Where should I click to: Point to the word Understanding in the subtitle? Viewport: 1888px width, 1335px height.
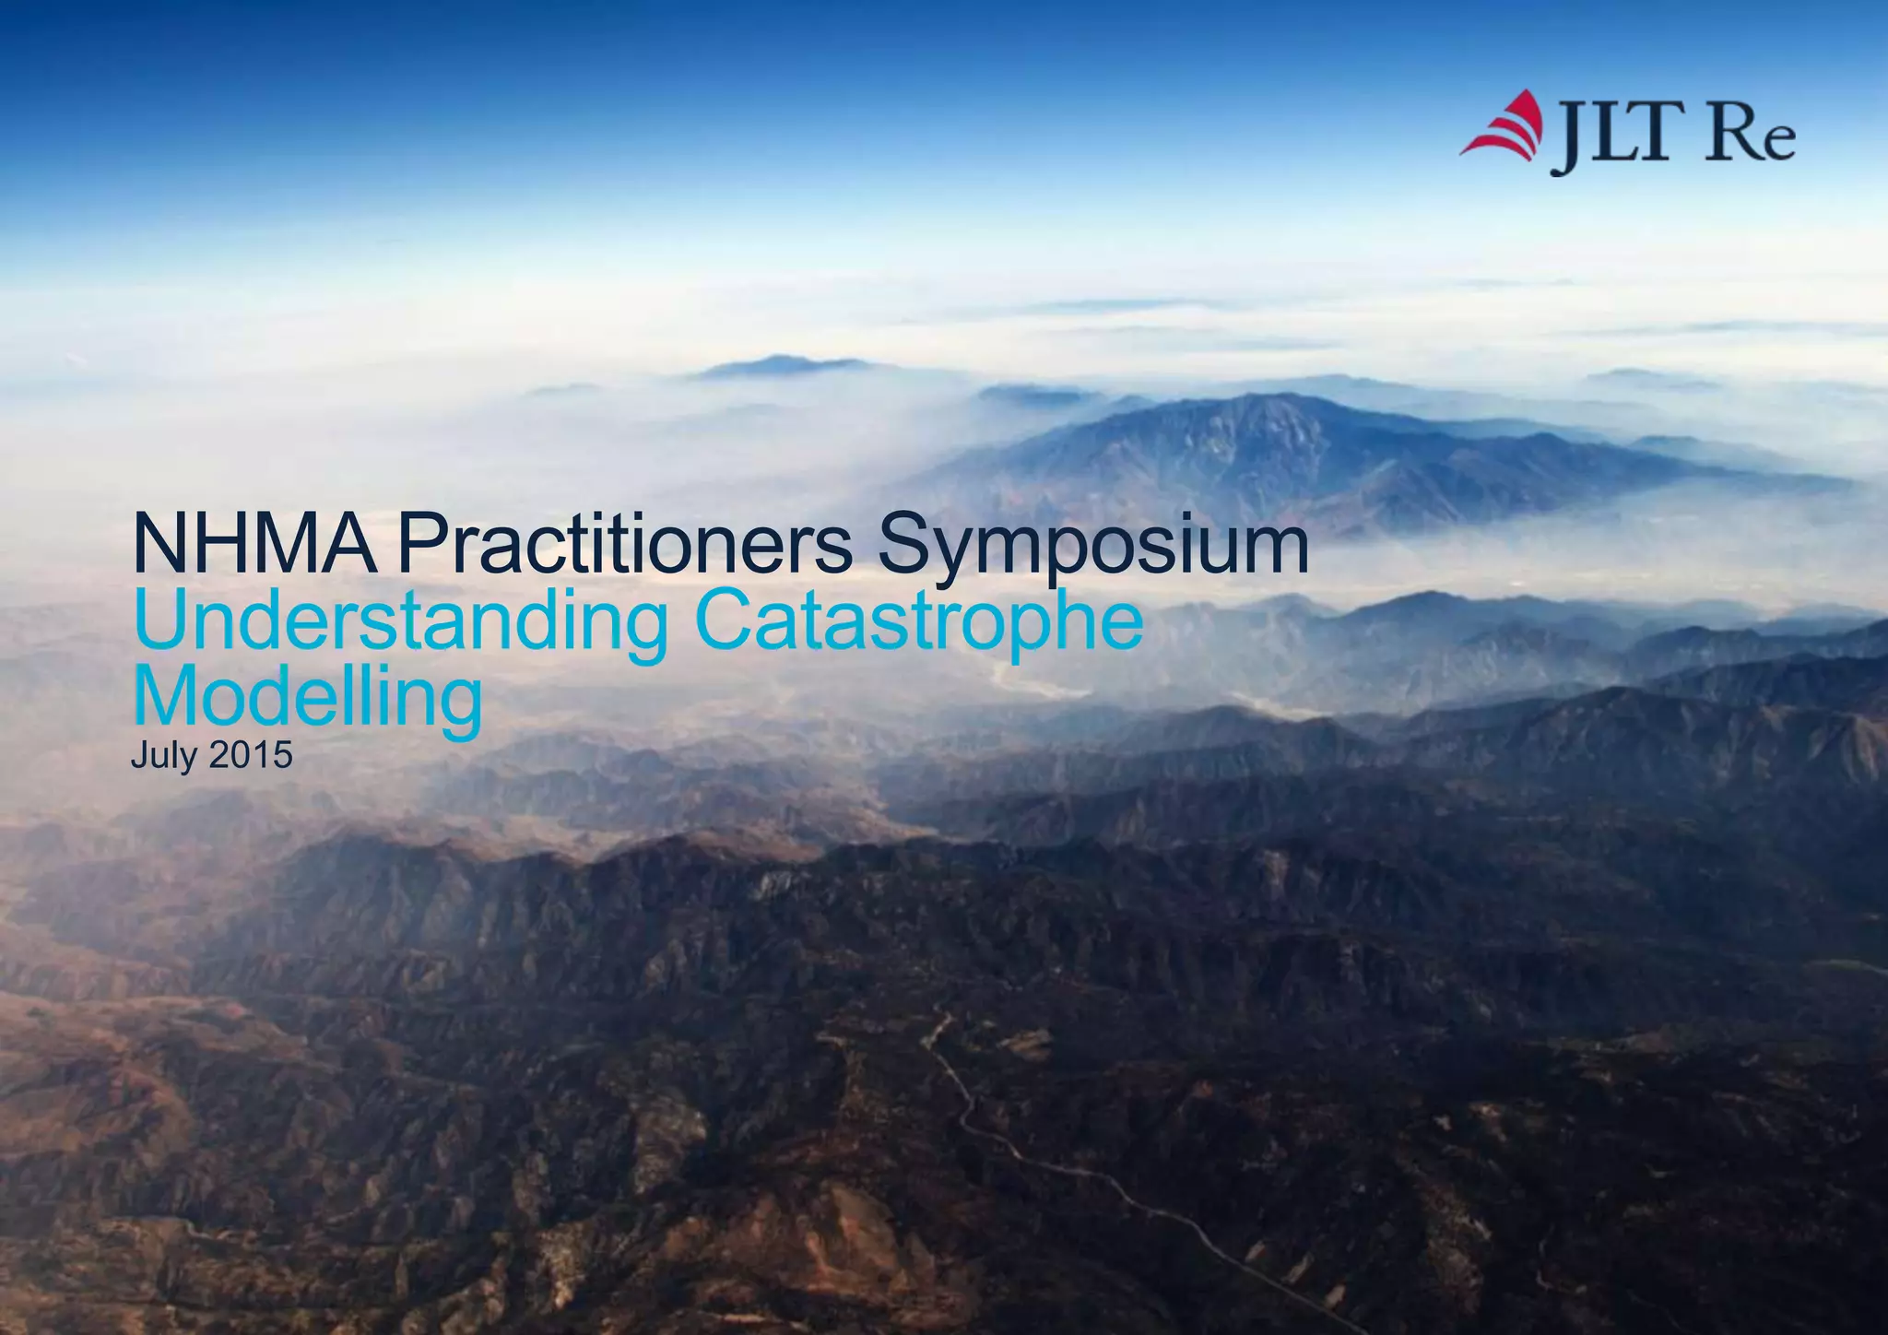pyautogui.click(x=400, y=622)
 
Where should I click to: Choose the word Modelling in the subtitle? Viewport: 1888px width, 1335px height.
pyautogui.click(x=307, y=698)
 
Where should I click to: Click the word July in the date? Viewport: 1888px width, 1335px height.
pyautogui.click(x=163, y=756)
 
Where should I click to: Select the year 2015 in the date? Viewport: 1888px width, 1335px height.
pyautogui.click(x=251, y=755)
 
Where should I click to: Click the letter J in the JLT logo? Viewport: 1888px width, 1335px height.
pyautogui.click(x=1563, y=138)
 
